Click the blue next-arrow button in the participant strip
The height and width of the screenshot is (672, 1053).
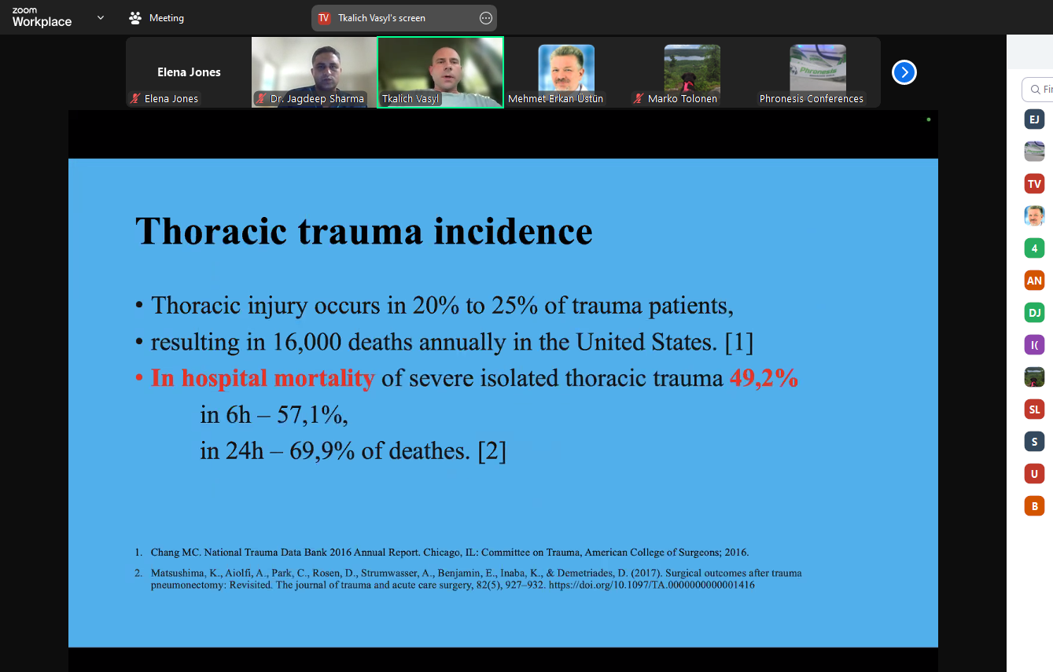pyautogui.click(x=904, y=72)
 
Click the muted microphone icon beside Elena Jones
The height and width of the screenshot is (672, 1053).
pyautogui.click(x=135, y=98)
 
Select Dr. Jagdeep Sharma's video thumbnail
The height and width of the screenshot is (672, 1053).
pyautogui.click(x=314, y=72)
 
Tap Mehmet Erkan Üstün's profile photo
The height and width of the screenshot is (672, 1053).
pyautogui.click(x=566, y=68)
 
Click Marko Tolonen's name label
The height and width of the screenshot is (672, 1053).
pyautogui.click(x=682, y=99)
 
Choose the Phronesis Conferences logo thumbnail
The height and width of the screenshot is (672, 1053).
pyautogui.click(x=818, y=68)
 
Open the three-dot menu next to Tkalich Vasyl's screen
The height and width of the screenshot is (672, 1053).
pyautogui.click(x=485, y=18)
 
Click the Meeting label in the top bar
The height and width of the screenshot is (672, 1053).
pyautogui.click(x=167, y=18)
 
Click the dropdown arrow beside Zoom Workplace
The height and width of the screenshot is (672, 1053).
pyautogui.click(x=100, y=17)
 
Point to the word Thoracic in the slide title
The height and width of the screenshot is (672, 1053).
pyautogui.click(x=211, y=231)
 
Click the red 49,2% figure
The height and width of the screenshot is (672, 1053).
pyautogui.click(x=764, y=378)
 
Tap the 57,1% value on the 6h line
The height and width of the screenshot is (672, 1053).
pyautogui.click(x=312, y=415)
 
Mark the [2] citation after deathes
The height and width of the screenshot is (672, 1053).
pyautogui.click(x=492, y=451)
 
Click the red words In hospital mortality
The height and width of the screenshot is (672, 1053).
pyautogui.click(x=263, y=378)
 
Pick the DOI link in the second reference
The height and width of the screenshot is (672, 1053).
pyautogui.click(x=652, y=585)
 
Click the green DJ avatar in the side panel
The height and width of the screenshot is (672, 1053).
pyautogui.click(x=1034, y=313)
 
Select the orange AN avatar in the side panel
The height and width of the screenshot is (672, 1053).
pyautogui.click(x=1034, y=281)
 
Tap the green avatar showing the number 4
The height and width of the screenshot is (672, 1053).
pyautogui.click(x=1034, y=248)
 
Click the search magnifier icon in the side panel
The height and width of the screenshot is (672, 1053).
pyautogui.click(x=1035, y=90)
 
